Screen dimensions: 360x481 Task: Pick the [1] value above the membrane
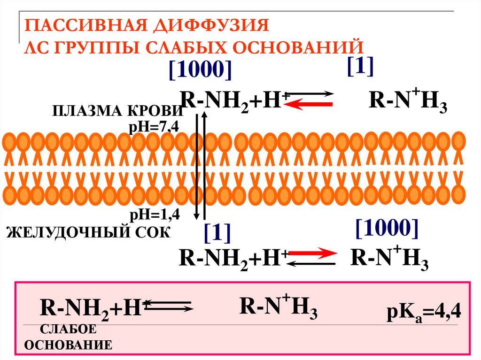(x=360, y=67)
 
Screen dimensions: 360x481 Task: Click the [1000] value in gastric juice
(x=387, y=228)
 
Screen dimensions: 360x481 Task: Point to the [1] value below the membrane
(x=217, y=232)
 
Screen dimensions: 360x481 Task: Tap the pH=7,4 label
(x=151, y=127)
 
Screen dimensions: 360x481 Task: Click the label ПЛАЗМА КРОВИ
(x=117, y=112)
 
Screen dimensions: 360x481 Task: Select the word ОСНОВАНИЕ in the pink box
(x=68, y=345)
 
